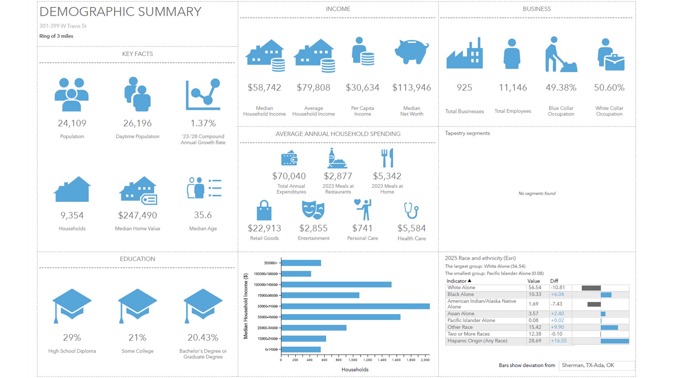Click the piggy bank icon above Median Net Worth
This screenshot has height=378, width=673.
click(411, 52)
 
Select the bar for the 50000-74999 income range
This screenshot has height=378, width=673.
click(355, 306)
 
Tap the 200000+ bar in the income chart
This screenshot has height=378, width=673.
click(301, 263)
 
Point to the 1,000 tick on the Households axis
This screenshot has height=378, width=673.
click(353, 360)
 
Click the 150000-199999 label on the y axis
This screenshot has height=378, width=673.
click(266, 274)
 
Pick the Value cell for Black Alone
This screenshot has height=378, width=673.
click(534, 294)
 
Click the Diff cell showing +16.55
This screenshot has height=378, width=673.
click(559, 341)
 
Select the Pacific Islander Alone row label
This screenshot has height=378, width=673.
click(471, 320)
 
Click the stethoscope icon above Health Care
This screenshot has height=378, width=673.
click(411, 211)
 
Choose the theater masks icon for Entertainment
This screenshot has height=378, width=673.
click(313, 210)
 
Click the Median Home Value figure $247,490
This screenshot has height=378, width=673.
click(137, 215)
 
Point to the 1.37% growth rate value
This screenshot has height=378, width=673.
click(203, 123)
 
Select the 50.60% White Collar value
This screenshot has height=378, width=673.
click(609, 88)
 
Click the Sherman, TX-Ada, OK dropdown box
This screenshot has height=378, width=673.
click(596, 365)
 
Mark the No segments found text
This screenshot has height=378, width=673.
click(537, 193)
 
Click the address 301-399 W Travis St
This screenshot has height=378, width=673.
click(63, 26)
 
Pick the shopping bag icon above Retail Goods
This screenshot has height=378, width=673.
click(264, 211)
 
